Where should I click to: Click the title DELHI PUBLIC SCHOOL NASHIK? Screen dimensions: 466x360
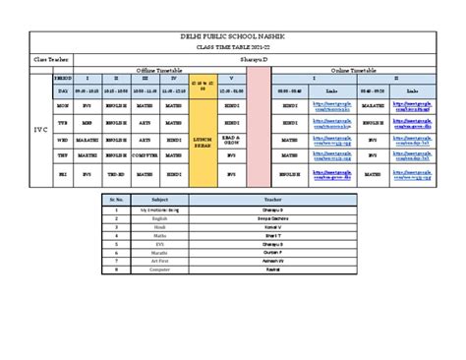pos(233,36)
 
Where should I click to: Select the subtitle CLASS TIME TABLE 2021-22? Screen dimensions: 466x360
pos(233,47)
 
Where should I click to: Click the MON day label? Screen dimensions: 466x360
pos(62,103)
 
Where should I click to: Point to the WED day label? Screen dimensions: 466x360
pos(62,139)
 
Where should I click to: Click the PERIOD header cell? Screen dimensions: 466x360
pos(62,77)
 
